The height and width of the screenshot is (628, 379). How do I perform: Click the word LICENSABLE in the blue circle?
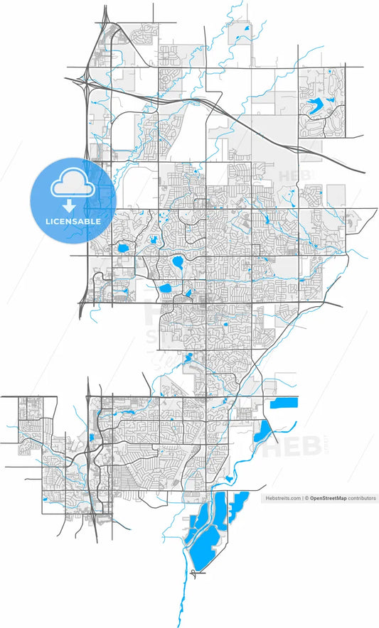73,221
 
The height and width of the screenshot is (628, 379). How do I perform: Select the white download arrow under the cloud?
69,206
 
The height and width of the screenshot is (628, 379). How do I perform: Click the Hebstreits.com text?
282,499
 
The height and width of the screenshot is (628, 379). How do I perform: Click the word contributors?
362,499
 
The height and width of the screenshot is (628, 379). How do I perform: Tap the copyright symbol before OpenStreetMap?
306,499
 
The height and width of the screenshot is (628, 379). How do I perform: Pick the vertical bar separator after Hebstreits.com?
301,499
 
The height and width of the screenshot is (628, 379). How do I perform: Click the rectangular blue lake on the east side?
284,404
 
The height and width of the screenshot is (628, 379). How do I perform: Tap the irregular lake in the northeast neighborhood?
316,107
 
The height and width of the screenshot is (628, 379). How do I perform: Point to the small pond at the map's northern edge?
247,28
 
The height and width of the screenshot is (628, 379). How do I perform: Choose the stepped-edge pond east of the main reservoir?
237,505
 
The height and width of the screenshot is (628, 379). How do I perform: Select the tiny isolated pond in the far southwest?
44,498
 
